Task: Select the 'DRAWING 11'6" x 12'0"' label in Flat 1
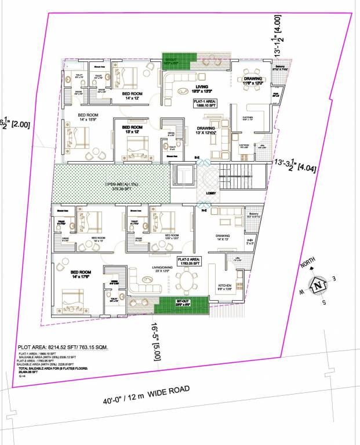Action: click(253, 81)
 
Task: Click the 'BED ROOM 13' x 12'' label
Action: click(132, 129)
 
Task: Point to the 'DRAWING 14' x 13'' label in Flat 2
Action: click(223, 238)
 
